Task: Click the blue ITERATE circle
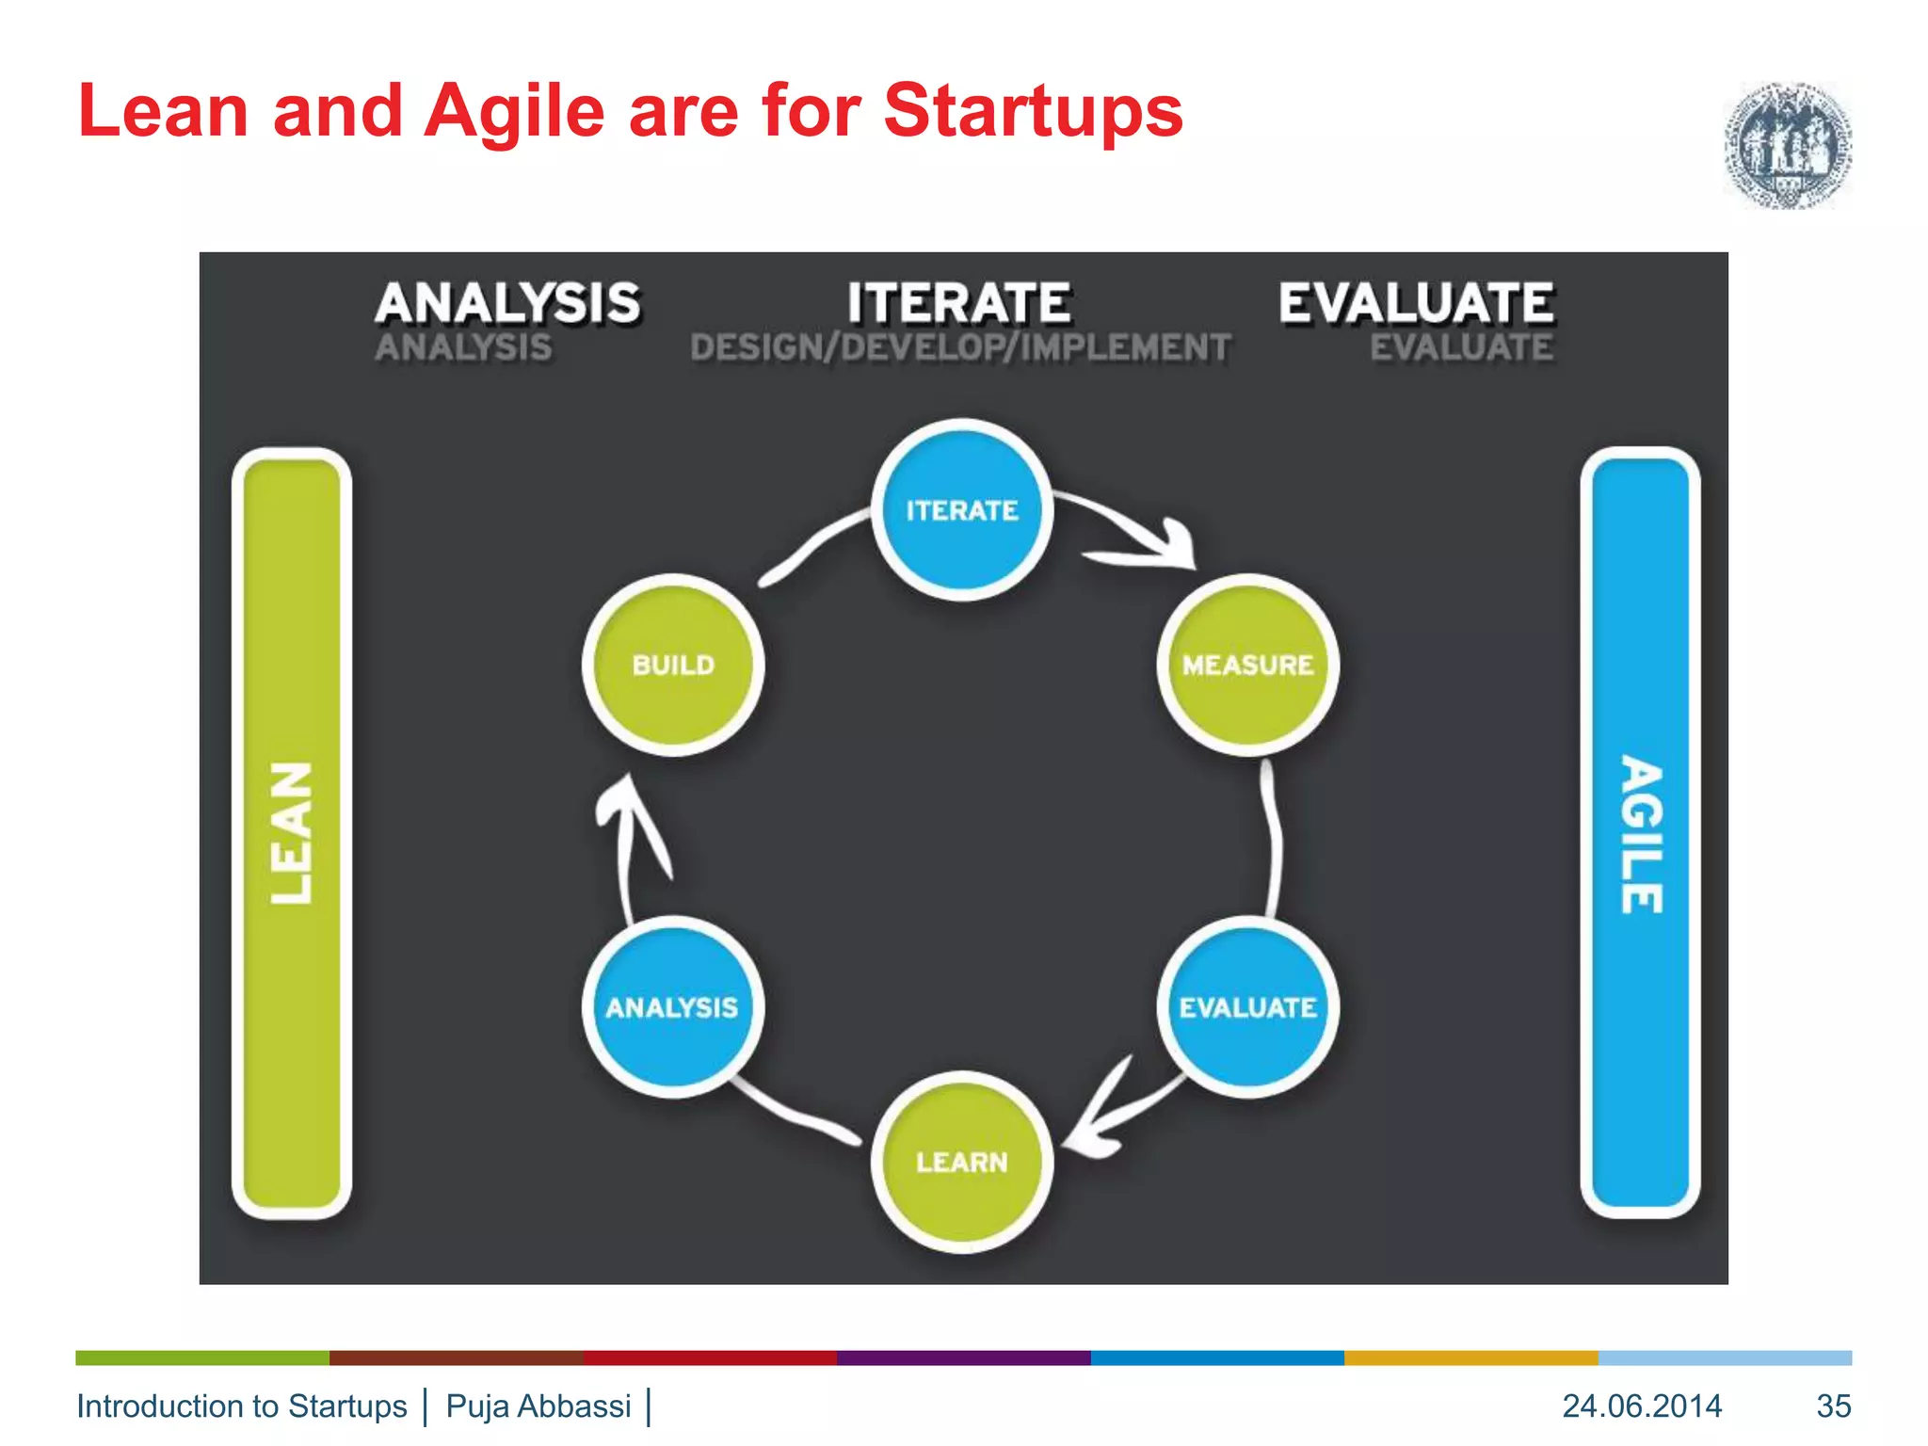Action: click(961, 510)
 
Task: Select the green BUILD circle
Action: click(673, 665)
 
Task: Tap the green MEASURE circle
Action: click(1247, 665)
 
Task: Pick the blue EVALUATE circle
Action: click(1247, 1007)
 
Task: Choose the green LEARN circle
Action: click(961, 1162)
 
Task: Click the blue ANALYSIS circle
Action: click(672, 1007)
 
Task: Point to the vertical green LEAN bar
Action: click(292, 833)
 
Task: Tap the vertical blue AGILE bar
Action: click(1640, 833)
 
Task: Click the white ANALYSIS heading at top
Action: click(507, 303)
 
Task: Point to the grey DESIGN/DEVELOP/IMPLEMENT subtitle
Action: click(960, 348)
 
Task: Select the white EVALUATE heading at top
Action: click(1416, 303)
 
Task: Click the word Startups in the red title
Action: click(1032, 111)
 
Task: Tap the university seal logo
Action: click(1787, 146)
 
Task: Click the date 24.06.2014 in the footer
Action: click(1642, 1406)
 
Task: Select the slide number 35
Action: click(1833, 1406)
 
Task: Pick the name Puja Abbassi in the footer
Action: click(538, 1406)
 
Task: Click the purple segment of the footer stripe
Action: click(963, 1358)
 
